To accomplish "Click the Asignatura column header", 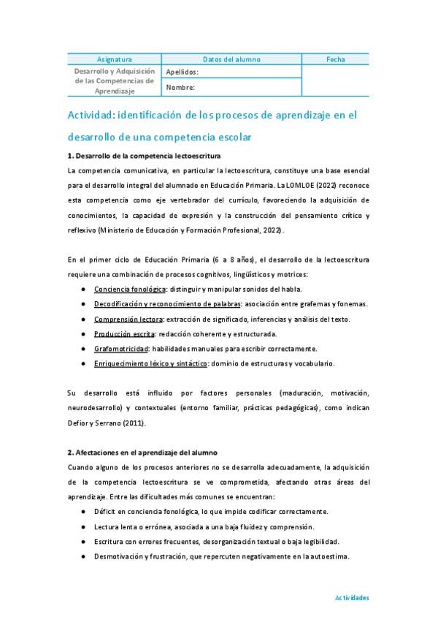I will [x=115, y=59].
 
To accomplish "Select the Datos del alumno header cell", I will [x=231, y=59].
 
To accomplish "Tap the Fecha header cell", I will [x=336, y=59].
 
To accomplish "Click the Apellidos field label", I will [x=182, y=72].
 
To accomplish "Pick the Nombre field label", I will [x=180, y=88].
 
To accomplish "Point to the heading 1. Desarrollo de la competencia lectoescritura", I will [x=144, y=156].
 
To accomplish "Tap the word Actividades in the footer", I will [x=352, y=597].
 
